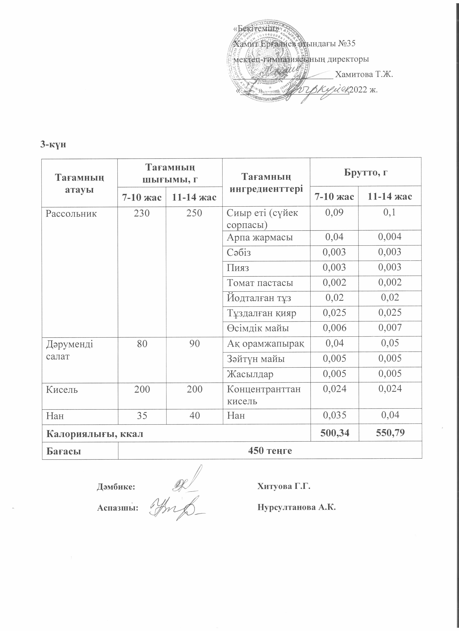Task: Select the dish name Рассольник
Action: pyautogui.click(x=71, y=214)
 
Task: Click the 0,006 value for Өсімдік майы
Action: pyautogui.click(x=334, y=328)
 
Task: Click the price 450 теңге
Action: pyautogui.click(x=270, y=450)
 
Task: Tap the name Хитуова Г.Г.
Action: pyautogui.click(x=284, y=486)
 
